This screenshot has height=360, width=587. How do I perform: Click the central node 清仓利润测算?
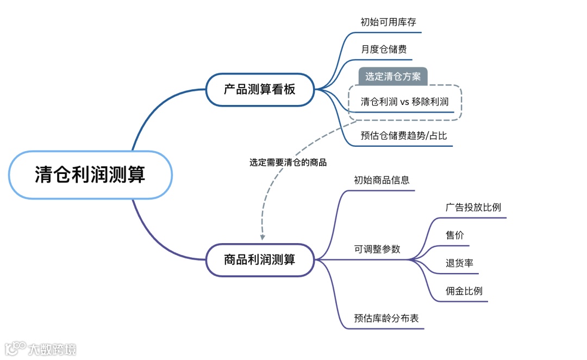pos(90,175)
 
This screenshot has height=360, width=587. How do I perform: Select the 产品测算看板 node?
pos(260,90)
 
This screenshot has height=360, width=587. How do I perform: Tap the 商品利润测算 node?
pos(260,259)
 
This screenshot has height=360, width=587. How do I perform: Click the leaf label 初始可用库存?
pos(388,22)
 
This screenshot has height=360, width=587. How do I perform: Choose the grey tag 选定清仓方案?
pos(393,77)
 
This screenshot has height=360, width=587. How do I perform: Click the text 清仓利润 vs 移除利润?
pos(405,102)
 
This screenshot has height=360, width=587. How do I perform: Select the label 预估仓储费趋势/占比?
pos(404,136)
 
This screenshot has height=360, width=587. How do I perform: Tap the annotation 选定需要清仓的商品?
pos(288,162)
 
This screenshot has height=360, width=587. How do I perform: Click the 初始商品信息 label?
pos(382,180)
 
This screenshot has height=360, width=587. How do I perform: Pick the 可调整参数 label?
pos(377,249)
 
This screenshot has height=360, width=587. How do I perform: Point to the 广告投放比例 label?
pos(473,208)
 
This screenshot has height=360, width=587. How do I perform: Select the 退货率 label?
pos(459,263)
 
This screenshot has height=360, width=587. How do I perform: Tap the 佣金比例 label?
pos(464,291)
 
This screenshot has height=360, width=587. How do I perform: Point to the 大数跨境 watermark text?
pos(53,349)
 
